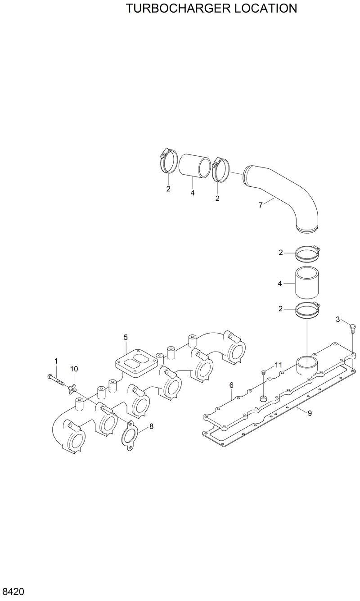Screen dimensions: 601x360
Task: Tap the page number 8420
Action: pyautogui.click(x=13, y=591)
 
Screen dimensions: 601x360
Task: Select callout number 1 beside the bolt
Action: pyautogui.click(x=56, y=361)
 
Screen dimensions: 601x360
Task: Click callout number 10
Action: pyautogui.click(x=74, y=369)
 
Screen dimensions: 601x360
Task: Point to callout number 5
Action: pyautogui.click(x=126, y=337)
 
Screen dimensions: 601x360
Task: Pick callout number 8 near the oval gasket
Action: pyautogui.click(x=151, y=426)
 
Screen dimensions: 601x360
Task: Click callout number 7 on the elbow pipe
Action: pyautogui.click(x=261, y=205)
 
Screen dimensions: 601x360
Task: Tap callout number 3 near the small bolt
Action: pyautogui.click(x=338, y=319)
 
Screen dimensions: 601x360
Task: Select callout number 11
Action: pyautogui.click(x=278, y=365)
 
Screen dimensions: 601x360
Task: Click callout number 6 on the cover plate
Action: pyautogui.click(x=231, y=385)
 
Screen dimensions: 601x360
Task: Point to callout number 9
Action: pyautogui.click(x=310, y=413)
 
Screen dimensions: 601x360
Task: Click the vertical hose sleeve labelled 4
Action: pyautogui.click(x=307, y=283)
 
